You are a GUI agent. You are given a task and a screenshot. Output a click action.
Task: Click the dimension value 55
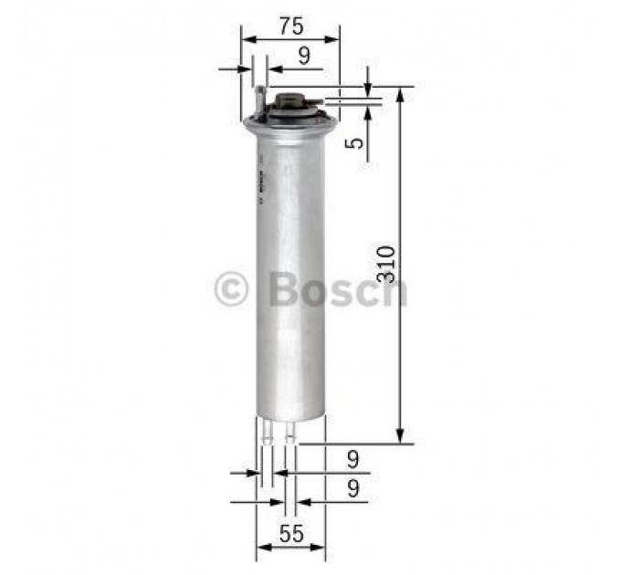click(291, 535)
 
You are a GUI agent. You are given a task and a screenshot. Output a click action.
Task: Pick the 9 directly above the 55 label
click(353, 490)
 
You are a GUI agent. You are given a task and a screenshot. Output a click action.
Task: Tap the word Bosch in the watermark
click(338, 289)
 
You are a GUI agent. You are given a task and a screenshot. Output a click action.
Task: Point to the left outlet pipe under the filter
click(267, 434)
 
